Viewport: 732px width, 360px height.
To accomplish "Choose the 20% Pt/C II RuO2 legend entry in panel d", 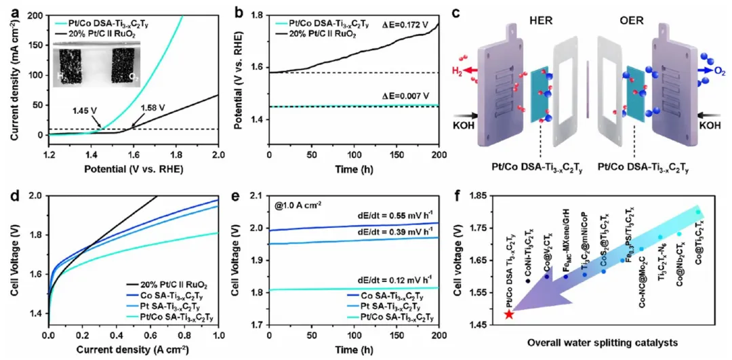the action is (174, 285).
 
